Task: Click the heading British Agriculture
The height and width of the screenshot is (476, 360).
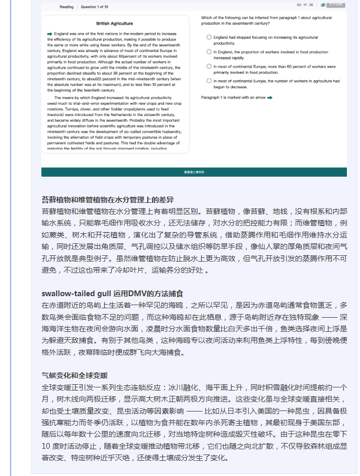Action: [115, 24]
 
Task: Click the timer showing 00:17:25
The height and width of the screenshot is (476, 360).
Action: [305, 5]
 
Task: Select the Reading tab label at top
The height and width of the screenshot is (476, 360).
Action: [67, 7]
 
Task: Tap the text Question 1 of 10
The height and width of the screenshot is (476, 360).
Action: [94, 7]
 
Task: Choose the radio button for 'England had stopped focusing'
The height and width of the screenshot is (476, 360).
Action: [209, 37]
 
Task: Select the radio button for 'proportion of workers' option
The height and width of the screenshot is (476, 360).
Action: [209, 52]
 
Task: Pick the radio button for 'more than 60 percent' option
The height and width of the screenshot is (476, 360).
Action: [209, 67]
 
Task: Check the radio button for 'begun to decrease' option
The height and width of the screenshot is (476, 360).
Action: [209, 81]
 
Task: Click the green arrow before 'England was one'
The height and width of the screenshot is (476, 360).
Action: [49, 34]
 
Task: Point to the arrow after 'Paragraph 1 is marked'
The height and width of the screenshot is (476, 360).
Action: [269, 98]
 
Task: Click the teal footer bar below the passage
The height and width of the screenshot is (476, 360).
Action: [194, 172]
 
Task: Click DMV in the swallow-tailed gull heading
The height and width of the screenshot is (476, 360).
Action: [137, 293]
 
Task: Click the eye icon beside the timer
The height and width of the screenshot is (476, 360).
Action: [323, 5]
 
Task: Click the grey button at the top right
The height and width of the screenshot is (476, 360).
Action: [337, 5]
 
